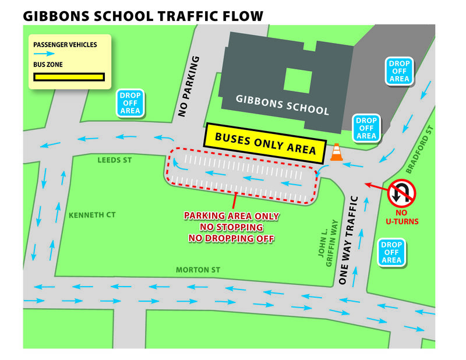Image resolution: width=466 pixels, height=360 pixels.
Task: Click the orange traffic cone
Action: tap(336, 153)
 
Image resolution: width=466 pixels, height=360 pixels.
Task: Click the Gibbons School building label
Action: tap(283, 105)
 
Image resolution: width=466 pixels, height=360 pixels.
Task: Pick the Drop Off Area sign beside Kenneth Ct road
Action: tap(130, 103)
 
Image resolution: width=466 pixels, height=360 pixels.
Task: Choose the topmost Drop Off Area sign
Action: tap(399, 71)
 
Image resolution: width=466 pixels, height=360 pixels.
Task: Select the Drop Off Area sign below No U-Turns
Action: tap(391, 252)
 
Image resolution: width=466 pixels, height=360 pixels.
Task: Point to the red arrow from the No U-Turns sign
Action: tap(377, 188)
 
